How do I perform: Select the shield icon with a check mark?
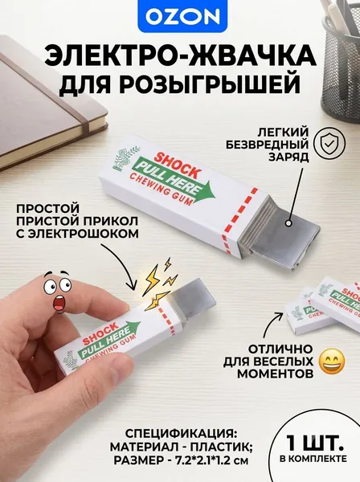(329, 144)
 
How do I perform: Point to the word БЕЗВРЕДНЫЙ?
(267, 144)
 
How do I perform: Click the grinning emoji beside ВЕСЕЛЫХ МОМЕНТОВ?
(333, 361)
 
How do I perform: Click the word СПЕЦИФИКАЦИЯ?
(181, 434)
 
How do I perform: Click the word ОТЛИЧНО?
(280, 349)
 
